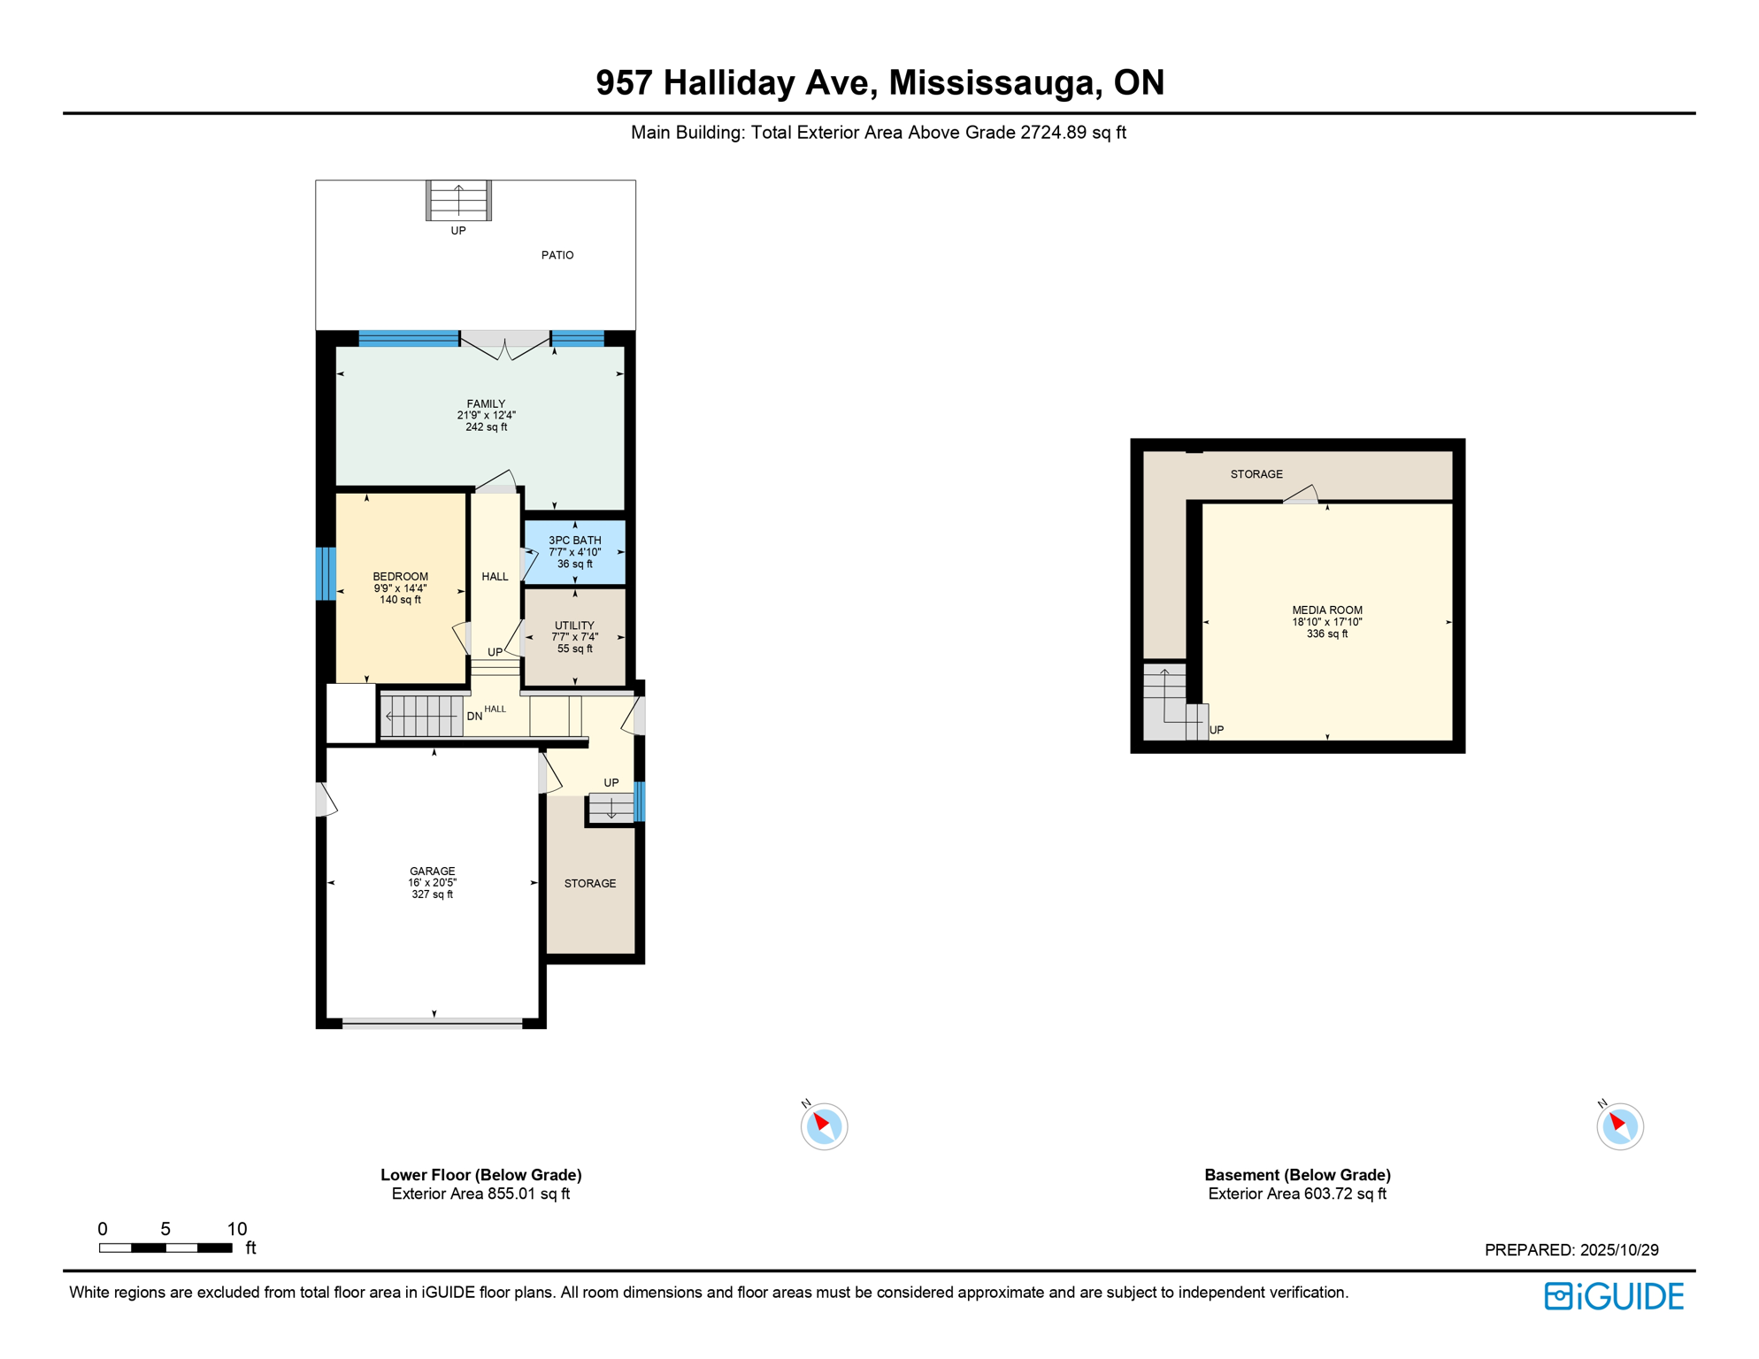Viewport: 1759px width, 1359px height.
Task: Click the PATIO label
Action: [x=557, y=255]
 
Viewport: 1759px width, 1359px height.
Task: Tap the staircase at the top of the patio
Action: [x=458, y=201]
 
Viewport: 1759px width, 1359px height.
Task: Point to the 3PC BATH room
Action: [x=574, y=552]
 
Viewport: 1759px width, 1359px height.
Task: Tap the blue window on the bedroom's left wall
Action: [x=326, y=574]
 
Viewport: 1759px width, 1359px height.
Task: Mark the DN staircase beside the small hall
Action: [x=421, y=716]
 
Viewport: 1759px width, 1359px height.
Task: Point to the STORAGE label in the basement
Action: [x=1256, y=474]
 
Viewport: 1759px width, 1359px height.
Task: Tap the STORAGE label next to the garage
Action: [x=590, y=884]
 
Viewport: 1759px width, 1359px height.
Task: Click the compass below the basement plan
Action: [x=1619, y=1126]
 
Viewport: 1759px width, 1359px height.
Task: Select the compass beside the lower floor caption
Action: [x=824, y=1126]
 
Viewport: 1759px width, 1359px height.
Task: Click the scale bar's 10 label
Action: [x=237, y=1229]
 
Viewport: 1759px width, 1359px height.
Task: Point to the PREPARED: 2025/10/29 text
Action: [x=1571, y=1250]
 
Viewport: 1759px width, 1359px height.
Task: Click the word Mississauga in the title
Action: [x=995, y=82]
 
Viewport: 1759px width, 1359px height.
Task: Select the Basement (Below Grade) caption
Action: [x=1297, y=1175]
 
